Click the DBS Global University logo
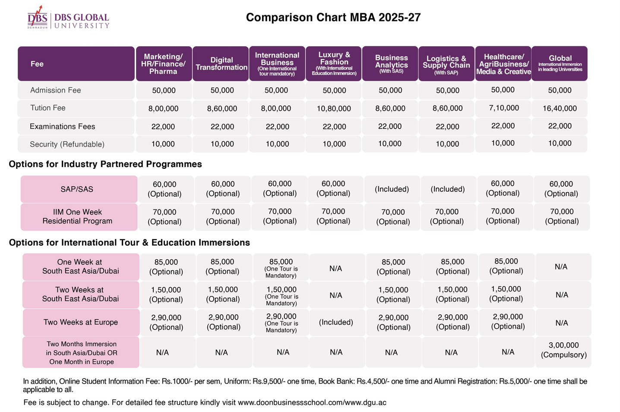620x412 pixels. pos(68,17)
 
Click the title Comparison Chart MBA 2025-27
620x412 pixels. pos(333,17)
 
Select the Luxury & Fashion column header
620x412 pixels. pos(334,63)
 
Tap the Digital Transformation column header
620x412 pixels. pos(221,63)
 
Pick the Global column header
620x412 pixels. pos(560,63)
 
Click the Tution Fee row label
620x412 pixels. pos(48,108)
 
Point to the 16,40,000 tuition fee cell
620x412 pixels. pos(560,108)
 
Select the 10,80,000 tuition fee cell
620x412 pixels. pos(334,108)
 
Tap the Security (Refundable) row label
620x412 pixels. pos(67,144)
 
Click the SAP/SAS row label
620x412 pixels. pos(77,189)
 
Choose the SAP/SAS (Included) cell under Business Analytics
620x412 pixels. pos(392,189)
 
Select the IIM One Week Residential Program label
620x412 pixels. pos(78,216)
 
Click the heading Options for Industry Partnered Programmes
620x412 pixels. pos(105,164)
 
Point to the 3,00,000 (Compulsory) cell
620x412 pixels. pos(563,350)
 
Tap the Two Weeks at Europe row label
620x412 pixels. pos(81,322)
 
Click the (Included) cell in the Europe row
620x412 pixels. pos(336,322)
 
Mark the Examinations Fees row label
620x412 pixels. pos(62,127)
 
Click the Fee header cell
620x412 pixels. pos(76,63)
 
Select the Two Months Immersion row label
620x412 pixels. pos(81,353)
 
